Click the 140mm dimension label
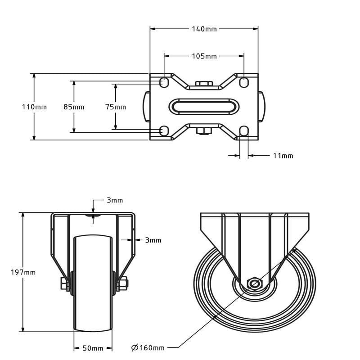pos(204,29)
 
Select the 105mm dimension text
pos(204,56)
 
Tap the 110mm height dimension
pos(34,107)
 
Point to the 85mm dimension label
pos(74,107)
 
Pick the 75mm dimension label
pos(116,107)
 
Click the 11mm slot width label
pos(283,156)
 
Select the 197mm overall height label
pos(23,272)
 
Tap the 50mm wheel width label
pos(93,348)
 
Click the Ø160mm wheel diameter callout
pos(148,347)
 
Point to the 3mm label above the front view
pos(115,200)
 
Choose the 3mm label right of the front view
pos(153,240)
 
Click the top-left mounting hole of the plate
pos(164,82)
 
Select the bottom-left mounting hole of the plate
pos(164,131)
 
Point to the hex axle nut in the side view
pos(255,284)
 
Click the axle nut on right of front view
pos(122,283)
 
